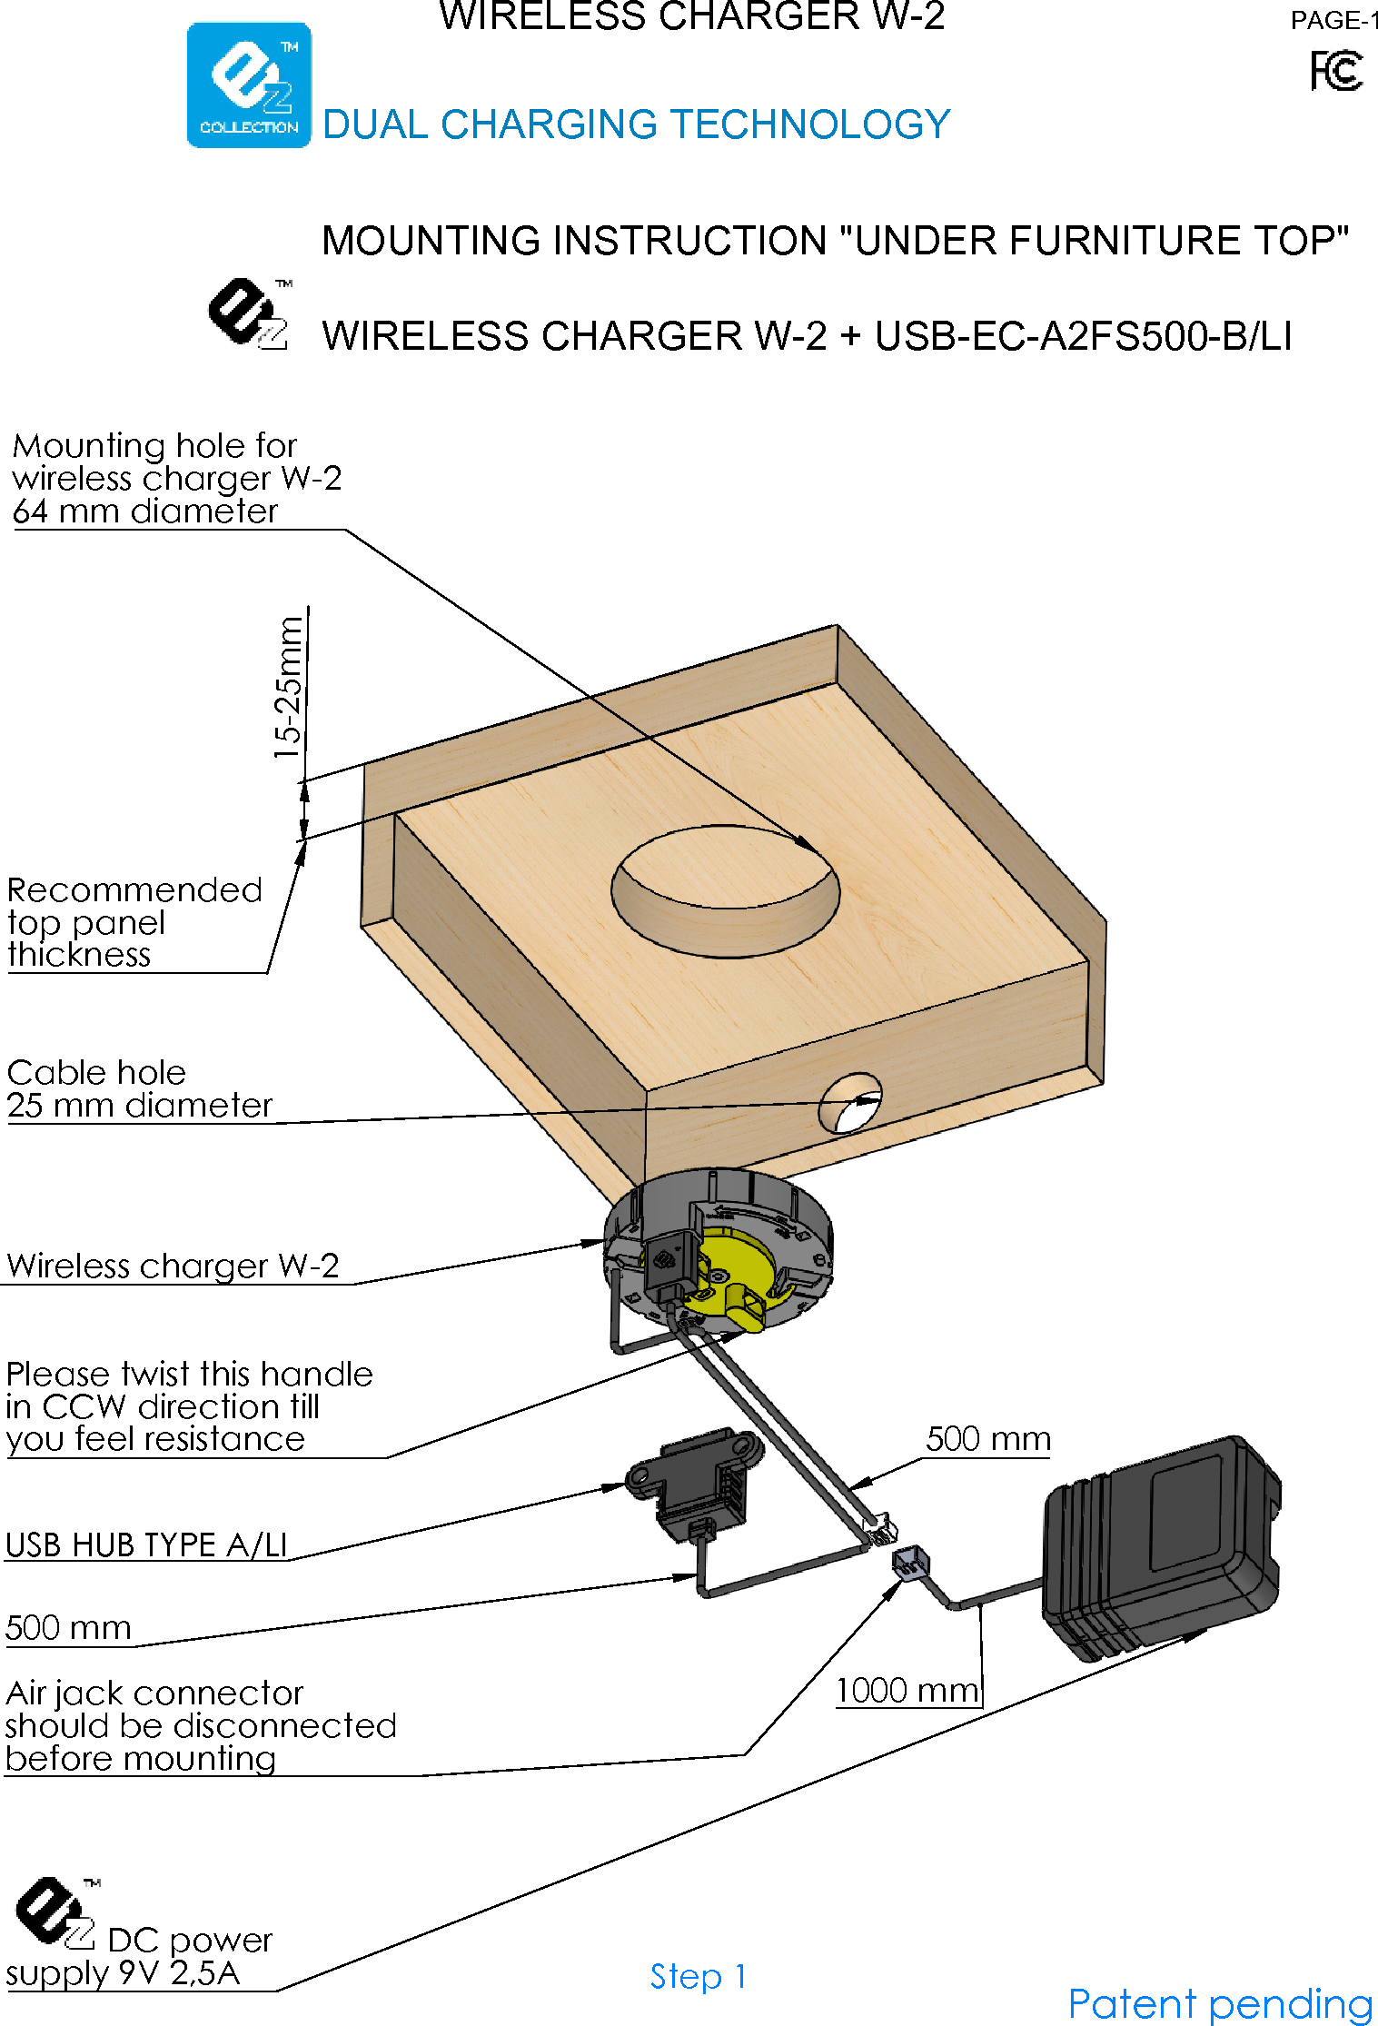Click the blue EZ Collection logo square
[x=249, y=84]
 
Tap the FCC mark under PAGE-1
[x=1335, y=71]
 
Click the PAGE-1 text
[x=1333, y=20]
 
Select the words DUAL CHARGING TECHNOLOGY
[x=636, y=124]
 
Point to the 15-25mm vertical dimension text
[x=288, y=687]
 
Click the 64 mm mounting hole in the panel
[x=725, y=890]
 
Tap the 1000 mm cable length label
[x=907, y=1691]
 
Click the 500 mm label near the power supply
[x=987, y=1439]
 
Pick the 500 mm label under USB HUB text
[x=68, y=1627]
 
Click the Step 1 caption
[x=698, y=1976]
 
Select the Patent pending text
[x=1219, y=2003]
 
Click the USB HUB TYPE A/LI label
[x=146, y=1544]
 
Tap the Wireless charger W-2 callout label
[x=173, y=1266]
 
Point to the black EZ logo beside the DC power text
[x=55, y=1912]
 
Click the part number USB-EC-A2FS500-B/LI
[x=1083, y=336]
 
